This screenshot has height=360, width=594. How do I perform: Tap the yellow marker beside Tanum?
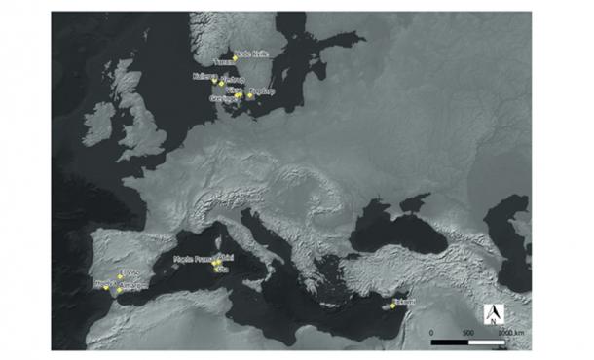point(236,58)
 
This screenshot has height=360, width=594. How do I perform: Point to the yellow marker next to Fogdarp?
point(250,96)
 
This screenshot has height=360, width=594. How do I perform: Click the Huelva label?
point(104,285)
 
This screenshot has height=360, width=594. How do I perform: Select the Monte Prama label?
point(192,259)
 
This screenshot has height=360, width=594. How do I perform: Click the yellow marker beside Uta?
point(216,268)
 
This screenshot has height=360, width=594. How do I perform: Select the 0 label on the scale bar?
point(431,333)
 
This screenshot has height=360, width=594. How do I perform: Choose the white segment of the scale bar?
point(486,342)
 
